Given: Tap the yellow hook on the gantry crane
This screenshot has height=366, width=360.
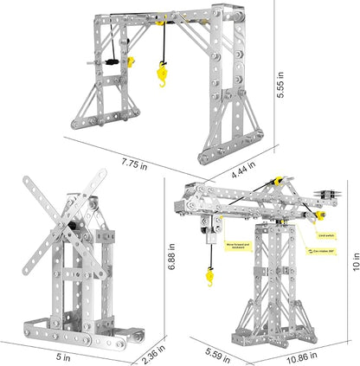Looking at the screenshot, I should [x=160, y=79].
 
